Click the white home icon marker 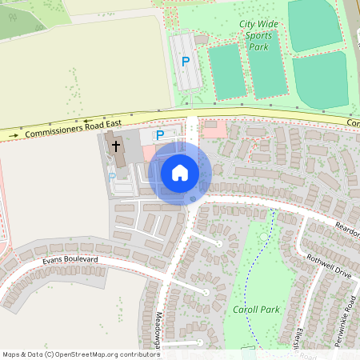point(180,173)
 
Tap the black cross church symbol point(116,146)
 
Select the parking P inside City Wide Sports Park point(186,61)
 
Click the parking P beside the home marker point(159,135)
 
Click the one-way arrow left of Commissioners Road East point(14,138)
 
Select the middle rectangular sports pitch point(268,68)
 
